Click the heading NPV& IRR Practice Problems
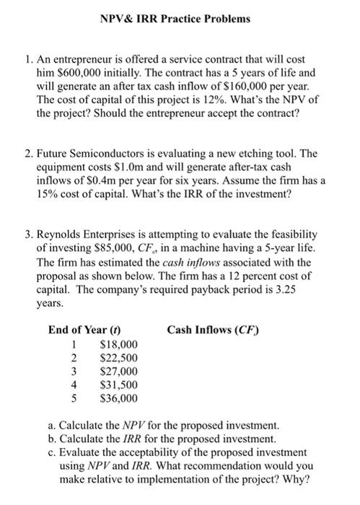[180, 18]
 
